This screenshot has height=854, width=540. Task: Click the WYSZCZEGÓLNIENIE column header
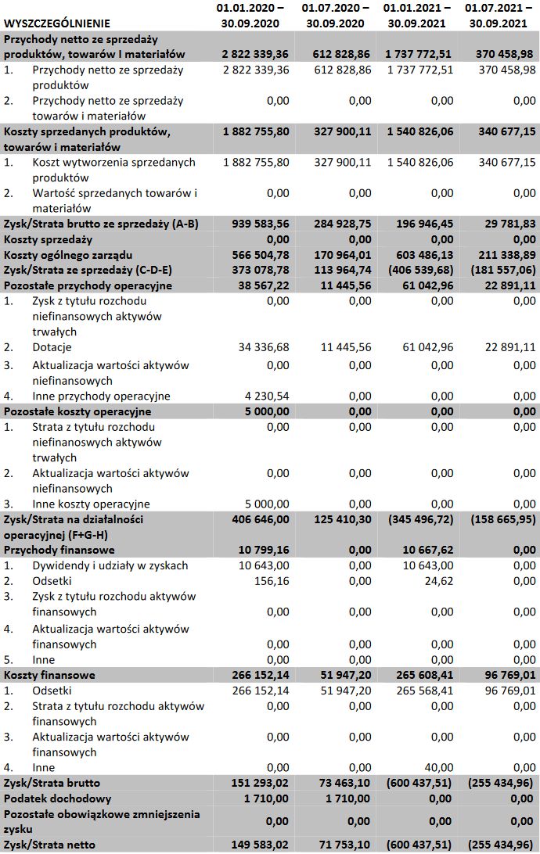coord(56,23)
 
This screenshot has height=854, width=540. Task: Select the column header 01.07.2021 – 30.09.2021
coord(499,16)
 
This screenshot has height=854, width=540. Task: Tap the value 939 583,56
coord(256,224)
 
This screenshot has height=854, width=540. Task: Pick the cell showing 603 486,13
coord(421,255)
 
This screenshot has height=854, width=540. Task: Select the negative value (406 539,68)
coord(418,271)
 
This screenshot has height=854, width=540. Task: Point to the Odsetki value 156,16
coord(273,581)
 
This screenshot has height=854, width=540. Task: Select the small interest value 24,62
coord(437,581)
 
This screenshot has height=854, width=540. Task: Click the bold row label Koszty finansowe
coord(50,675)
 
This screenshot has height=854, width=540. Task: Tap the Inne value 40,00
coord(440,767)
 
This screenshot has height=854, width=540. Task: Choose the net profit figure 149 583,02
coord(256,845)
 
